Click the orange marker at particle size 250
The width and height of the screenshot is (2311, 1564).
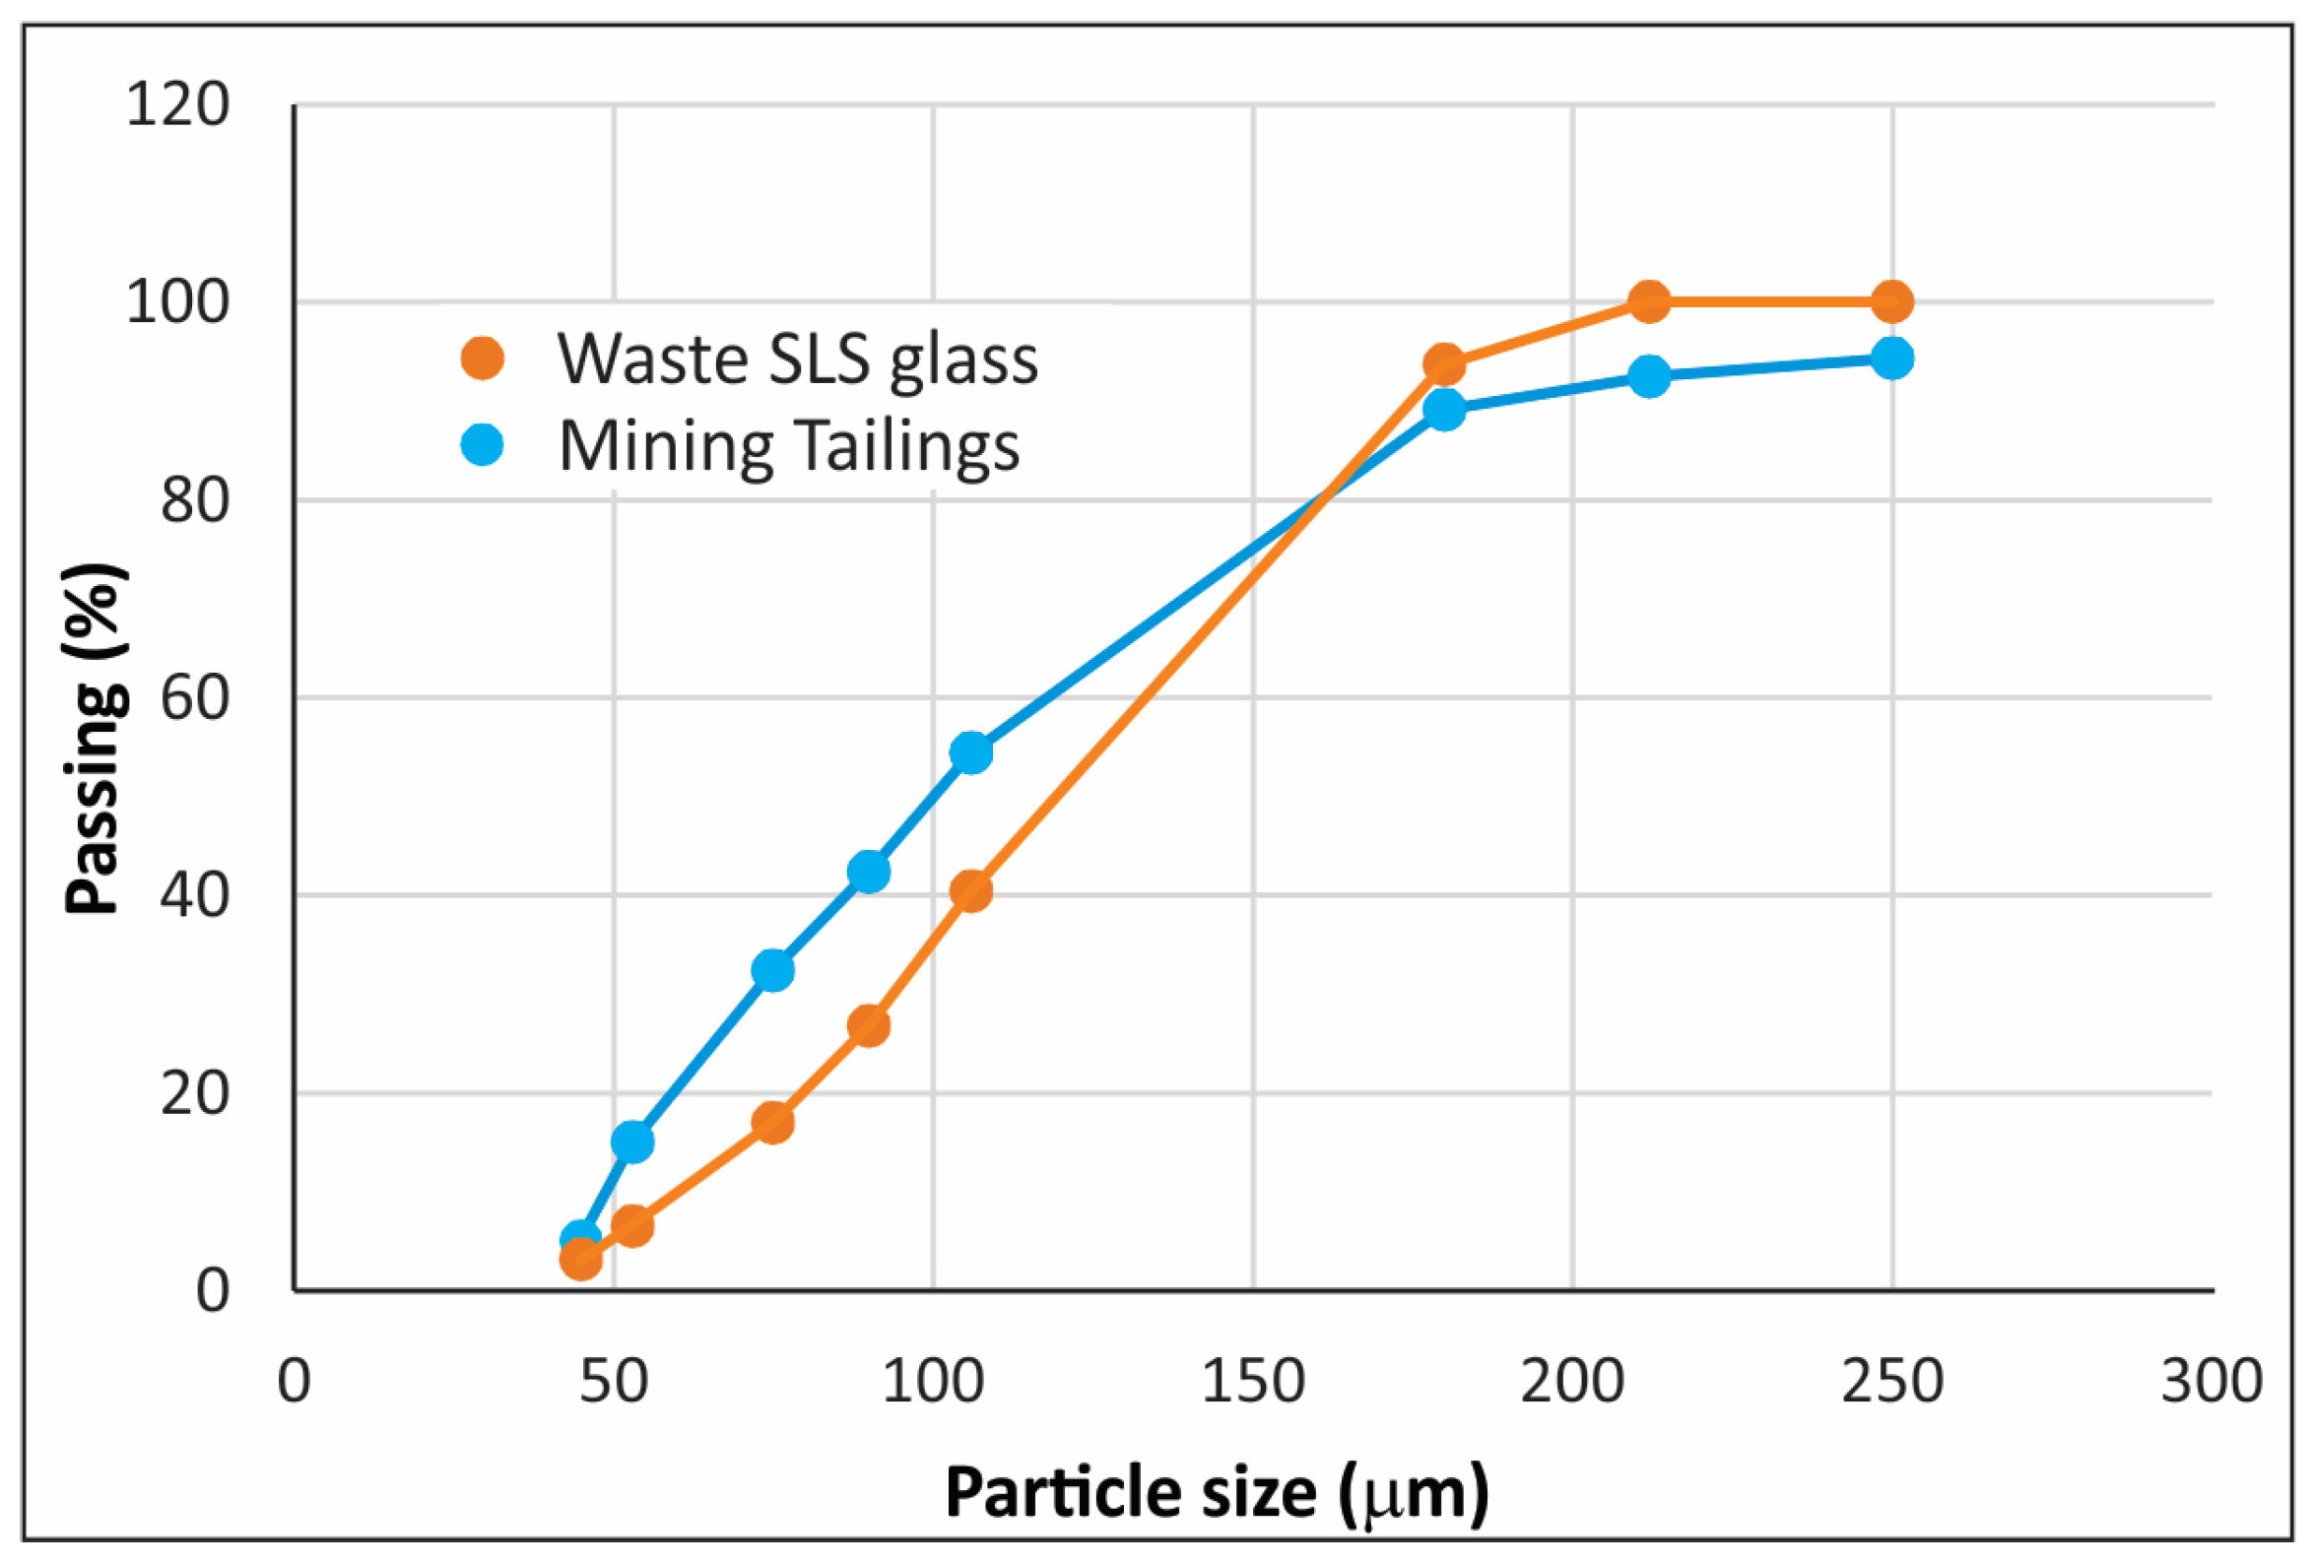click(x=1891, y=301)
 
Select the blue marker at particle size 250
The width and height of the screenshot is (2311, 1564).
click(x=1891, y=358)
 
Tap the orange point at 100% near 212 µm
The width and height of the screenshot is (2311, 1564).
click(x=1650, y=301)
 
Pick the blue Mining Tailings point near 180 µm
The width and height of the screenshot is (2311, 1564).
click(x=1444, y=409)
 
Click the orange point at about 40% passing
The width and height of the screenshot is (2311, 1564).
click(x=970, y=891)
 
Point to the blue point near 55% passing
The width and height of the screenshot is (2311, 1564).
click(x=970, y=752)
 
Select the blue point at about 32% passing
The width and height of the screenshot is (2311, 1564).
click(x=772, y=969)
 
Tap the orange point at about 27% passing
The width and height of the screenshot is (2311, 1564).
click(x=869, y=1025)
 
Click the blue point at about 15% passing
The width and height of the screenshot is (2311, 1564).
click(x=632, y=1141)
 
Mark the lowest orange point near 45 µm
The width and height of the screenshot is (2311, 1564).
click(x=581, y=1259)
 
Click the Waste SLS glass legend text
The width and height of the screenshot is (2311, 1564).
click(x=798, y=358)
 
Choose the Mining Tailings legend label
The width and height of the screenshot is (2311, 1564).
click(x=789, y=445)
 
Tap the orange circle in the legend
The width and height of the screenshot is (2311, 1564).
click(x=483, y=358)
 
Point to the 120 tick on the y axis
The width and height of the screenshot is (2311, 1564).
click(x=177, y=103)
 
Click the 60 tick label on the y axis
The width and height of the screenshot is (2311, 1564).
click(x=195, y=697)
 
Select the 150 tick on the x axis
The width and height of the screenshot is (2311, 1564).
click(x=1252, y=1382)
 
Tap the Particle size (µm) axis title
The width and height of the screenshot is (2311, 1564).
click(x=1217, y=1493)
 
